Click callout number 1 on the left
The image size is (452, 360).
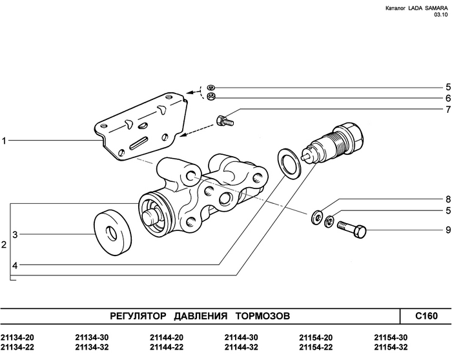(x=5, y=140)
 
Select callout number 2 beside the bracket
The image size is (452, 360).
(x=5, y=245)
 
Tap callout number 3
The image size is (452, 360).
(x=14, y=235)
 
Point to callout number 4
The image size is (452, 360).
(x=14, y=265)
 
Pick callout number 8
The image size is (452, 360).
(x=446, y=199)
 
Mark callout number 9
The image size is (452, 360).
(x=446, y=229)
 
